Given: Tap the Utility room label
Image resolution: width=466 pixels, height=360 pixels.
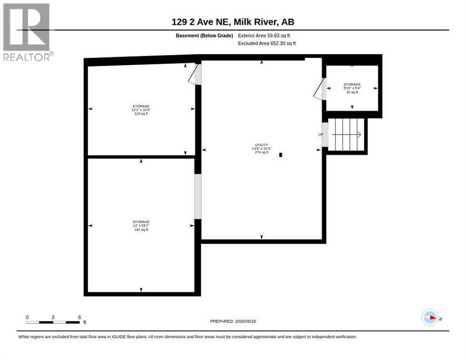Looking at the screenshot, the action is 262,149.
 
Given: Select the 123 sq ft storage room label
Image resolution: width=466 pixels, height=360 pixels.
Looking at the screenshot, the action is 141,110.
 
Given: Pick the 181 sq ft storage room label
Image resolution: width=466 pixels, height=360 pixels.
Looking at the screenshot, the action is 141,225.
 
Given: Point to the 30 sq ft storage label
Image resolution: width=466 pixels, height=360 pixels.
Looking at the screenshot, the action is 352,88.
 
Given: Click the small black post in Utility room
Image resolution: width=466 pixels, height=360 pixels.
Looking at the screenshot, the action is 280,155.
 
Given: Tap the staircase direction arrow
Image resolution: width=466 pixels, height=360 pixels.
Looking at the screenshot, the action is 346,135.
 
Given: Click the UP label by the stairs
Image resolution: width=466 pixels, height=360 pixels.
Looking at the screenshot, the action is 321,135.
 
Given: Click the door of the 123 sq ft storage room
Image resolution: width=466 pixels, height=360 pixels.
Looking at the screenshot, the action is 195,75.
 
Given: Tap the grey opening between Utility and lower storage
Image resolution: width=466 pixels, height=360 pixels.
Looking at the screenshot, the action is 198,196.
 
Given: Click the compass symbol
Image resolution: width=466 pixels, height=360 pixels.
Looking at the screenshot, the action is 430,318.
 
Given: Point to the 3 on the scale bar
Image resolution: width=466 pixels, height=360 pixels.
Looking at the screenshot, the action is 53,317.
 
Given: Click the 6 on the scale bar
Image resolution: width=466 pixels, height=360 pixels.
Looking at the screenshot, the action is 80,317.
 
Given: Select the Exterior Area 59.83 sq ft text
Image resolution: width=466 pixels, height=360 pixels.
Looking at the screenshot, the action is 264,36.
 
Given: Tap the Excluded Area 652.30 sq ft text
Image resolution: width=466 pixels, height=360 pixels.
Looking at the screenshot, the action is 267,44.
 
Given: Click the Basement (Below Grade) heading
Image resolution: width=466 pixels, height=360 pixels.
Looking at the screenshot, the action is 204,36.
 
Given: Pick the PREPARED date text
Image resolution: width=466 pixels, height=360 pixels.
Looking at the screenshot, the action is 233,322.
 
